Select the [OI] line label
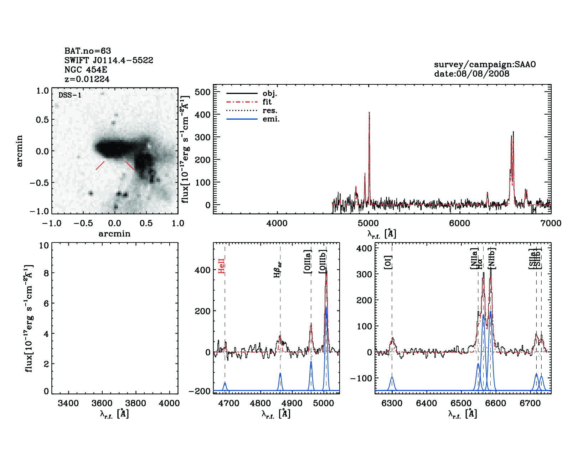[x=388, y=262]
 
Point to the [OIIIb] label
[x=323, y=261]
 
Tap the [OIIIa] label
[x=308, y=262]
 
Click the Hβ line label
[x=278, y=270]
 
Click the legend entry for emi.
[x=271, y=119]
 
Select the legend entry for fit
[x=267, y=102]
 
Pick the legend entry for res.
[x=270, y=111]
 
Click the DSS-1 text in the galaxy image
[x=70, y=95]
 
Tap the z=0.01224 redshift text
[x=87, y=79]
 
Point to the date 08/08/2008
[x=471, y=74]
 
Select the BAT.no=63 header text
[x=88, y=51]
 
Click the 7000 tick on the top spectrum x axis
[x=551, y=223]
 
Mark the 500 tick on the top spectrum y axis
[x=203, y=92]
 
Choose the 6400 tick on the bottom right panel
[x=426, y=403]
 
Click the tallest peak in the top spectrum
[x=369, y=113]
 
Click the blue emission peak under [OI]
[x=392, y=377]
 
